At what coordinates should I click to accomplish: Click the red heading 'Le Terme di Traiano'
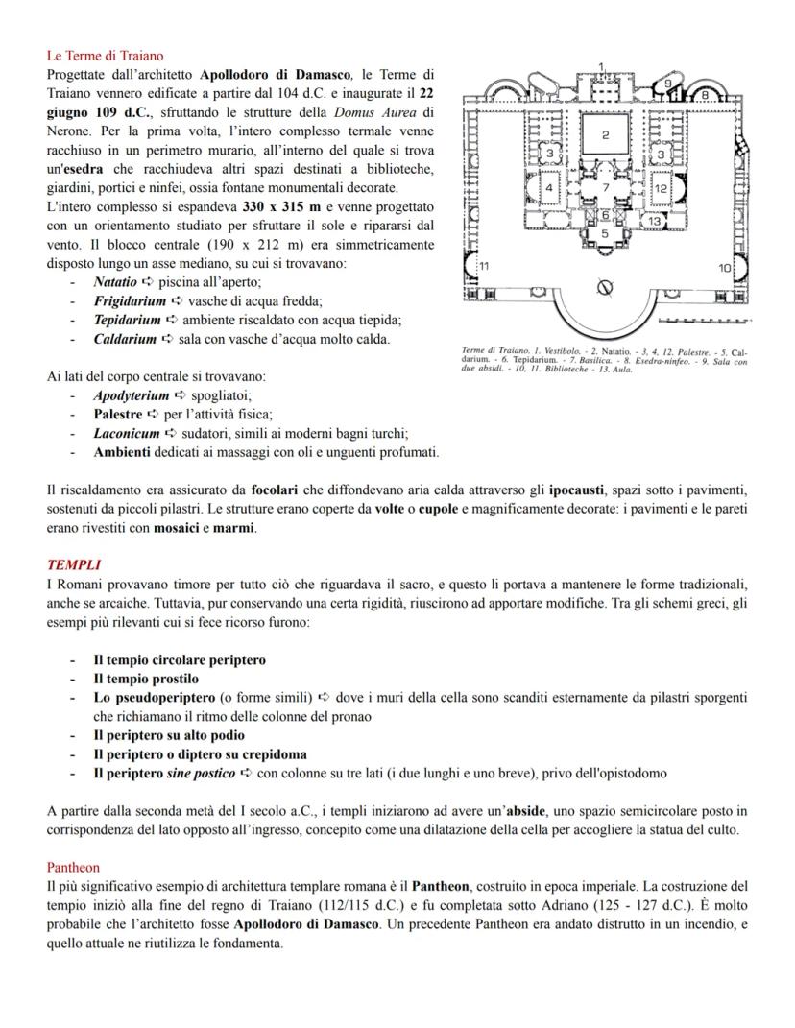105,56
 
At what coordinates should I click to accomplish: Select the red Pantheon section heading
73,868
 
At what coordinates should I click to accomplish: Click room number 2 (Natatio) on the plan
605,134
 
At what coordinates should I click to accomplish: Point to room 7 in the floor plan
606,187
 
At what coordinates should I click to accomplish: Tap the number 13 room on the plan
654,221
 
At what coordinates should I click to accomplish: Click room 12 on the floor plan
661,188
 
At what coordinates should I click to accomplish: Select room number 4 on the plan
549,188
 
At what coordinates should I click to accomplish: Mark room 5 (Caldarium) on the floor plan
604,233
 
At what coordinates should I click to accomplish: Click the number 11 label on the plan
484,266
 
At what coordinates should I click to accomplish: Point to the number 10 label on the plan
725,268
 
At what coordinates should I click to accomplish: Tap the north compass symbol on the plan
605,286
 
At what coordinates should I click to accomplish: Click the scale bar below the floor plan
704,321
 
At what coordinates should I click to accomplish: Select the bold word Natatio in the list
115,282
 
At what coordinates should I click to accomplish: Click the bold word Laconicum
127,433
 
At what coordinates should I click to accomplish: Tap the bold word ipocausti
577,490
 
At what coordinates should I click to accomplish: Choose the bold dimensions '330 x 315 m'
282,206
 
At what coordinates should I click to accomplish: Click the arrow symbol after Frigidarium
177,301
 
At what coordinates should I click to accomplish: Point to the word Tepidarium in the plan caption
539,360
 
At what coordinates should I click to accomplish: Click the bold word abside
526,811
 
